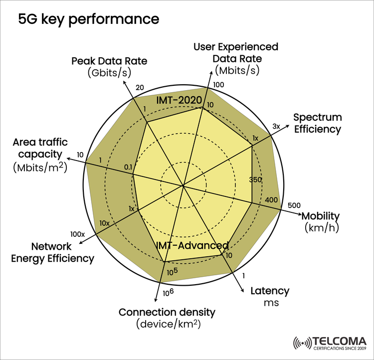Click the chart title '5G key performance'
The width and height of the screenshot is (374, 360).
coord(89,19)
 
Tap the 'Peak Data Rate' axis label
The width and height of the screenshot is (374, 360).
coord(109,61)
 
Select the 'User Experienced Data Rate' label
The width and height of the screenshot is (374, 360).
coord(236,52)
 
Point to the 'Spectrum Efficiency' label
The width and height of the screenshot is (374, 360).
coord(317,123)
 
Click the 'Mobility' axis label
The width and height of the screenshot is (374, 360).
coord(320,216)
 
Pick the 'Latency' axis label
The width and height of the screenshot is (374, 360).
coord(269,291)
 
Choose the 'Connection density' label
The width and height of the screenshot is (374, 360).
coord(167,313)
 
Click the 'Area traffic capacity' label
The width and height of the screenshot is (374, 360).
coord(39,148)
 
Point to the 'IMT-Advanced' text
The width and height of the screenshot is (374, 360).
coord(192,245)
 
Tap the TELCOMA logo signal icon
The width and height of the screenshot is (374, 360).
coord(302,344)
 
